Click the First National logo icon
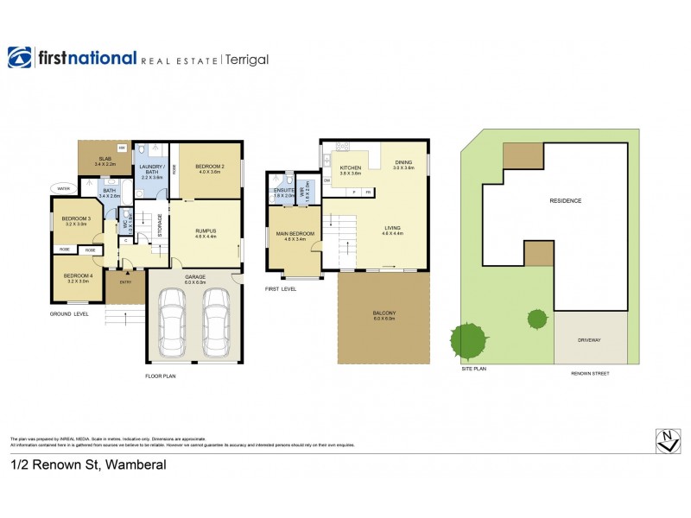pyautogui.click(x=20, y=57)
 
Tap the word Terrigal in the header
pyautogui.click(x=248, y=59)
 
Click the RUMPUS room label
pyautogui.click(x=205, y=231)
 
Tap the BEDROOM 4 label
pyautogui.click(x=77, y=278)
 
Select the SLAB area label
pyautogui.click(x=105, y=159)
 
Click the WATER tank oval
pyautogui.click(x=63, y=187)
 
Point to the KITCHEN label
pyautogui.click(x=350, y=167)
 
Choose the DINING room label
pyautogui.click(x=403, y=162)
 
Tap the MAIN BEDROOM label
pyautogui.click(x=295, y=233)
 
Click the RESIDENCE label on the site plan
pyautogui.click(x=566, y=200)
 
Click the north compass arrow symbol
pyautogui.click(x=666, y=440)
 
